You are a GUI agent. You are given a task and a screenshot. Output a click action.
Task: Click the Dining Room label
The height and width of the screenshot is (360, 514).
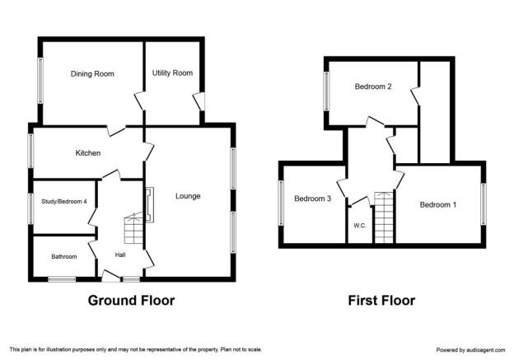(92, 74)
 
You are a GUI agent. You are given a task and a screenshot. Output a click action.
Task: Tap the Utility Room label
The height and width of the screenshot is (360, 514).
(172, 73)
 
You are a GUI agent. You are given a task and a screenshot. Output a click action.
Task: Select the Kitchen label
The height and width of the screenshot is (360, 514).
(88, 153)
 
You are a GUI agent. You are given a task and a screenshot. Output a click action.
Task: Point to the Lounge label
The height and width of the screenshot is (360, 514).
(188, 196)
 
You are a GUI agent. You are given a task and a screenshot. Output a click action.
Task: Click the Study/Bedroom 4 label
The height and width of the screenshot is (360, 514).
(64, 201)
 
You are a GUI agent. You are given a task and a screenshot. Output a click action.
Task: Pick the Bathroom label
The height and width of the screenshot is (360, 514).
(64, 257)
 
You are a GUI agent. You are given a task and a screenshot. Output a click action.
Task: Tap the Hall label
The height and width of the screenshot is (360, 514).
(120, 255)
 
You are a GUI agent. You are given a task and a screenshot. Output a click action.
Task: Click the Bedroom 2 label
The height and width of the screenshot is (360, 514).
(373, 86)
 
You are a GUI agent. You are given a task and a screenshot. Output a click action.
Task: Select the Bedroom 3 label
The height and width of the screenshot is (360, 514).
(313, 199)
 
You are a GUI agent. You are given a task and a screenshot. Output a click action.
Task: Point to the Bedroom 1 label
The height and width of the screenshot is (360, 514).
(438, 205)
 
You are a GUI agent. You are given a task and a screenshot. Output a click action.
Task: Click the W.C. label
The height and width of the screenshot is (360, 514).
(360, 226)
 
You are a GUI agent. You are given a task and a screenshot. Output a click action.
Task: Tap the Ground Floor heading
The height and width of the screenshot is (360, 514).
(131, 301)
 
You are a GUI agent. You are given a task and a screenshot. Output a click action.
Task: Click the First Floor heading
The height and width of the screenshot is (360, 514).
(381, 301)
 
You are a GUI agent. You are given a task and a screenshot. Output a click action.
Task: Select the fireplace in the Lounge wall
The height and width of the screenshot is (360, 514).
(149, 205)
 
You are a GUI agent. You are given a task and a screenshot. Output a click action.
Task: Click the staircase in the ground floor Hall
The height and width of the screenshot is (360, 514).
(133, 228)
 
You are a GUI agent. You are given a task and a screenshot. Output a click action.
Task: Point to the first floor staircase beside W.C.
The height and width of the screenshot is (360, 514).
(384, 217)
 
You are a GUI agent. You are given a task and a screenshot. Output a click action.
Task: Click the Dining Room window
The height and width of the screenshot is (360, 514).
(40, 81)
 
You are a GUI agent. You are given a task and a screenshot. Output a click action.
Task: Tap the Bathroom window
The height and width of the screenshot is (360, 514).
(62, 279)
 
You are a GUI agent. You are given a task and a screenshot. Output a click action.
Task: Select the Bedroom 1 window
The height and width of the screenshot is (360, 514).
(484, 204)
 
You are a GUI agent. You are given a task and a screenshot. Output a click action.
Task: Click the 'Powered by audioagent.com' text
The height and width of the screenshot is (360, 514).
(470, 350)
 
